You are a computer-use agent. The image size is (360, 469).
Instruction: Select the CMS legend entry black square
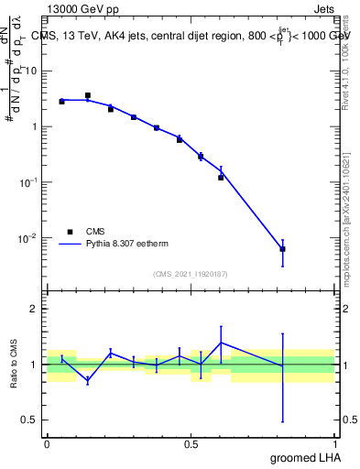pyautogui.click(x=69, y=232)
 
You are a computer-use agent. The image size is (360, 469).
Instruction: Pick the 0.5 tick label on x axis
pyautogui.click(x=191, y=443)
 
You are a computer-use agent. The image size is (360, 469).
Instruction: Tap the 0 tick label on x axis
pyautogui.click(x=47, y=443)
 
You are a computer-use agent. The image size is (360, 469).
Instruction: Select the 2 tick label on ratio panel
pyautogui.click(x=35, y=309)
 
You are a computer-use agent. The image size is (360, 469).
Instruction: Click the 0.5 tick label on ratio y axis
pyautogui.click(x=30, y=420)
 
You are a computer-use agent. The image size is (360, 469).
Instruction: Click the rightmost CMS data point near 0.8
pyautogui.click(x=282, y=249)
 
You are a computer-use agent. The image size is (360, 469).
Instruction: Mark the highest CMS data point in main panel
pyautogui.click(x=88, y=95)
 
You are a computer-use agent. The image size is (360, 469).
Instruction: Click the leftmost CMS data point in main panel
pyautogui.click(x=61, y=102)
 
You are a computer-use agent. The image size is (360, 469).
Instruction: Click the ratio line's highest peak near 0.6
pyautogui.click(x=221, y=343)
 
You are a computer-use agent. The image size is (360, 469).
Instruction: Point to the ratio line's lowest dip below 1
pyautogui.click(x=88, y=380)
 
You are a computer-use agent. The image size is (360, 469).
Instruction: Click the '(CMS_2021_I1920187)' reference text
pyautogui.click(x=191, y=273)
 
